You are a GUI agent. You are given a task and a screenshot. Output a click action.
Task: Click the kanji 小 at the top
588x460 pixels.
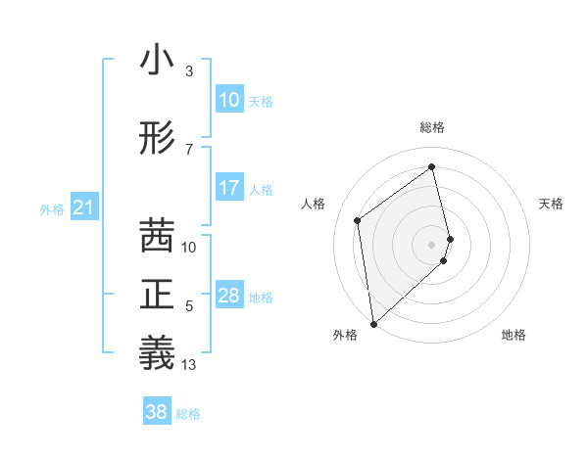157,62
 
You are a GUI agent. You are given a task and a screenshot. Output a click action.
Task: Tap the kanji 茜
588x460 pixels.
157,236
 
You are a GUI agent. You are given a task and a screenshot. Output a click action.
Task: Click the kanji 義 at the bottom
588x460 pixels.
157,352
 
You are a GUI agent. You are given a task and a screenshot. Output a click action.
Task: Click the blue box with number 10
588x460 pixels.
229,100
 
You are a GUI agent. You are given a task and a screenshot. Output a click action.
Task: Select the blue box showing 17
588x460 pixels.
229,188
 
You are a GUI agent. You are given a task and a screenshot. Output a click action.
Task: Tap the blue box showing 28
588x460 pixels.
229,296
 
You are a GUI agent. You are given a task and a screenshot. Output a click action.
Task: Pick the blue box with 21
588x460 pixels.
83,207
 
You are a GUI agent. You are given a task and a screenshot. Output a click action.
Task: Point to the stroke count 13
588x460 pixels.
189,365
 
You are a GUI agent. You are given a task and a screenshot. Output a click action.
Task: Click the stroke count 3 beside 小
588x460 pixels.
189,71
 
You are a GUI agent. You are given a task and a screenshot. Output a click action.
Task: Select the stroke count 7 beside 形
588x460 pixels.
189,150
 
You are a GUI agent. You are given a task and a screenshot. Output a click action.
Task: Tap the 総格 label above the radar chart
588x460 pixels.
432,127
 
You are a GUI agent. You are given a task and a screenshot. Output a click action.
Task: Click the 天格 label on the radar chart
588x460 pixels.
552,204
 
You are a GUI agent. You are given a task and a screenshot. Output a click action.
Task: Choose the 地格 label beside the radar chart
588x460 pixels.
514,335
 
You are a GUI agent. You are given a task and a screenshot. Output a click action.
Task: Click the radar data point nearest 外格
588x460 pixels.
372,323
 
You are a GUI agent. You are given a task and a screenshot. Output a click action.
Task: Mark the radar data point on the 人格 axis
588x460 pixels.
358,220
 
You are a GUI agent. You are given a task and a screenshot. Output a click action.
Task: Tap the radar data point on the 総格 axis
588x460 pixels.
432,167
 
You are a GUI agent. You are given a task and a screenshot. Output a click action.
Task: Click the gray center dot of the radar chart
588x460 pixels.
432,244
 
